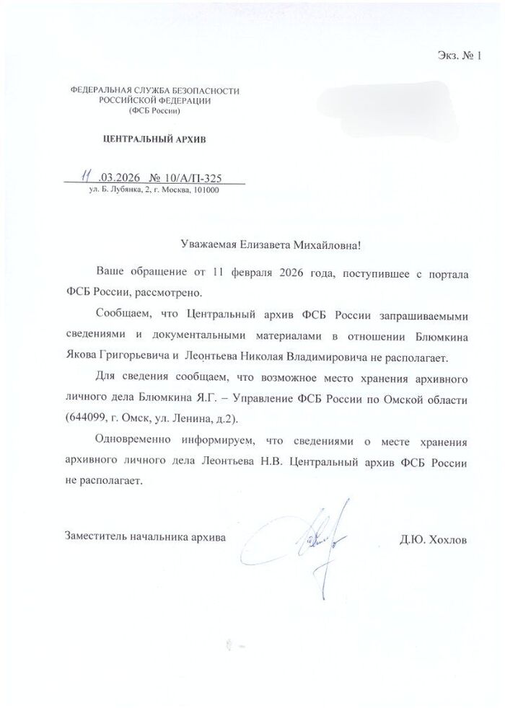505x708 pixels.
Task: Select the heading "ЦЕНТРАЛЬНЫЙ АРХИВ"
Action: tap(156, 139)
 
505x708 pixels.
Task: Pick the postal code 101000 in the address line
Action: tap(205, 190)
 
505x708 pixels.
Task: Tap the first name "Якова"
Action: tap(81, 356)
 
